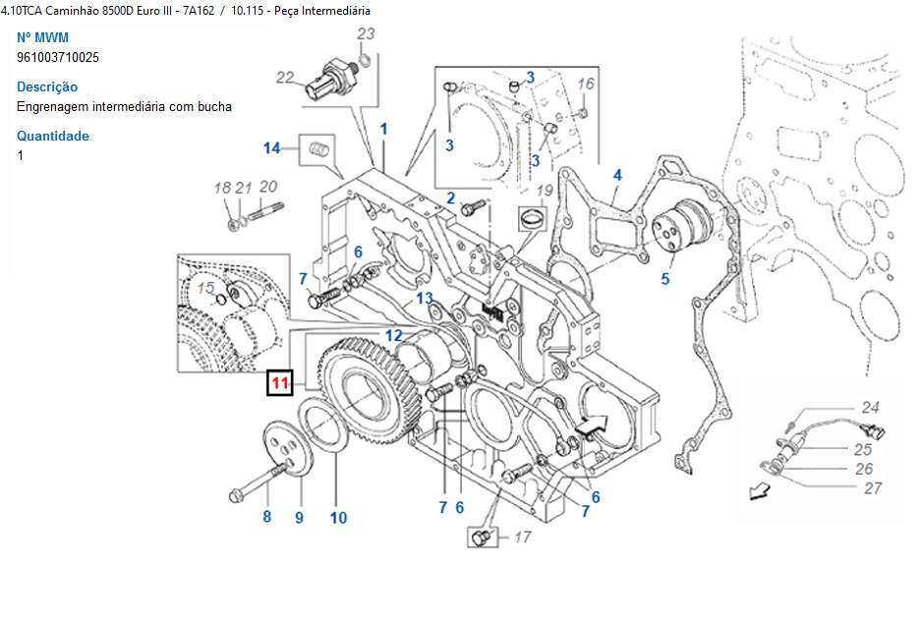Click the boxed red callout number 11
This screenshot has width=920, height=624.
click(x=281, y=383)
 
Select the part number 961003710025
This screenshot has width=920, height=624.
click(x=58, y=57)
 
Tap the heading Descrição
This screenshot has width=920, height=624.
click(x=47, y=86)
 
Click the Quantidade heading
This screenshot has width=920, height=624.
click(x=53, y=136)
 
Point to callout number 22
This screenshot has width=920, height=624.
click(x=285, y=78)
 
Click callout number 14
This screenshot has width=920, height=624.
click(x=271, y=148)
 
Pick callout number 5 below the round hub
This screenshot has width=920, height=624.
click(x=665, y=279)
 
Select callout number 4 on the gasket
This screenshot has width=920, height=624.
click(x=617, y=176)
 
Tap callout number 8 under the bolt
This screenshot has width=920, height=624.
click(x=266, y=516)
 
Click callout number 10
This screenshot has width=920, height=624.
click(x=338, y=517)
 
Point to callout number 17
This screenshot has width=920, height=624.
click(x=522, y=538)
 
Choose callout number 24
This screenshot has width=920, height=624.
click(x=870, y=407)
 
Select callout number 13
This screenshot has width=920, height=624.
click(x=424, y=298)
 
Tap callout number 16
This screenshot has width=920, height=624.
click(x=586, y=85)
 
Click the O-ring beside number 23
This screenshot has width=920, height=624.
click(x=364, y=62)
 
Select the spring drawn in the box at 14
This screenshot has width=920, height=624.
click(x=316, y=149)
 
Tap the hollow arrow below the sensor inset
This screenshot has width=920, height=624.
click(x=758, y=491)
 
